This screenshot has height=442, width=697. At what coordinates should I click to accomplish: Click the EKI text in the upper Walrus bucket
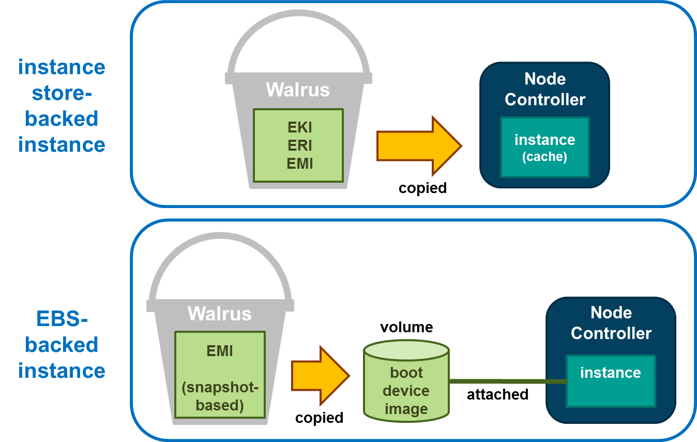click(x=300, y=127)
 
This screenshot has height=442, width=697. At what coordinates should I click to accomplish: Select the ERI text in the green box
click(x=300, y=145)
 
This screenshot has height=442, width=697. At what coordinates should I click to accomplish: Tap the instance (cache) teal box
click(x=544, y=147)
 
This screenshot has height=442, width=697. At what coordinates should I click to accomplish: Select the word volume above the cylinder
click(x=406, y=327)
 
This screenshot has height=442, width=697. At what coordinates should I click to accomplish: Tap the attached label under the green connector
click(x=497, y=394)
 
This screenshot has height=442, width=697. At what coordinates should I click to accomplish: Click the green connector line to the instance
click(x=507, y=381)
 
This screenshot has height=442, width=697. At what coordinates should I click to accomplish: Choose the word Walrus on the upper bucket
click(x=298, y=90)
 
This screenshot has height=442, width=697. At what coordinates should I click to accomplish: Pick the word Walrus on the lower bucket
click(x=220, y=313)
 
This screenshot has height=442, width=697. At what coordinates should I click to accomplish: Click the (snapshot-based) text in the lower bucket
click(x=220, y=395)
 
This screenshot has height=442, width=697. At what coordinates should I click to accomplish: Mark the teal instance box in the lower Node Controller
click(x=611, y=380)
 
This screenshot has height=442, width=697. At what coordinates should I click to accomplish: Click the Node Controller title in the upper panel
click(x=545, y=89)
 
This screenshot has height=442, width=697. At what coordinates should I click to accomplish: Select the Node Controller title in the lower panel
click(x=611, y=323)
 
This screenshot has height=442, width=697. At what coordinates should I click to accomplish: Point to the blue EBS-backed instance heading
click(x=62, y=345)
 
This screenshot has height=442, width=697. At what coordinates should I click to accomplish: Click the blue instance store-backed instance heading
click(x=62, y=106)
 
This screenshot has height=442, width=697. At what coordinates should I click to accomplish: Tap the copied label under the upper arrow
click(x=422, y=188)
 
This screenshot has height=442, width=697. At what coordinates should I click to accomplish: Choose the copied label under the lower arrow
click(x=319, y=418)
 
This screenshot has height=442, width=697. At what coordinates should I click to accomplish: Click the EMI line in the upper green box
click(x=300, y=164)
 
